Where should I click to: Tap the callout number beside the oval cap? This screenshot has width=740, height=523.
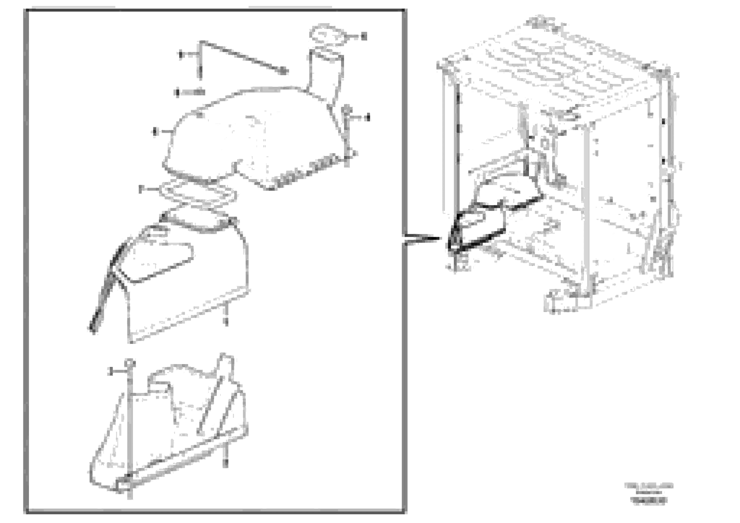pyautogui.click(x=364, y=36)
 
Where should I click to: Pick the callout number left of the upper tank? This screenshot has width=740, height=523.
pyautogui.click(x=155, y=131)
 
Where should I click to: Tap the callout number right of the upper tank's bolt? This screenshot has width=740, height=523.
pyautogui.click(x=367, y=118)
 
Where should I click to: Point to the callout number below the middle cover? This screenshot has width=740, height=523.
pyautogui.click(x=226, y=322)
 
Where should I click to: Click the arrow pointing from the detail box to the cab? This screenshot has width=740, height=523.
pyautogui.click(x=422, y=239)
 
